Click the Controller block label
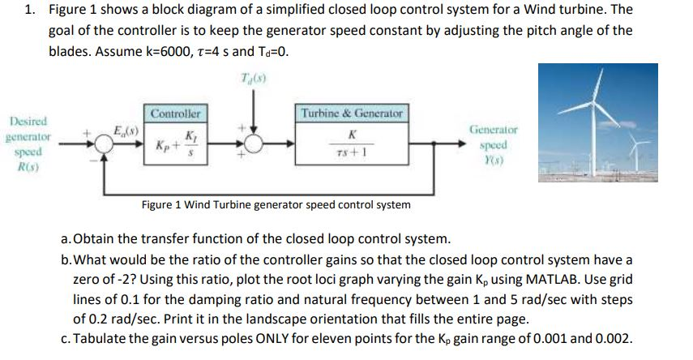point(175,114)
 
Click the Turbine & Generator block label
point(352,114)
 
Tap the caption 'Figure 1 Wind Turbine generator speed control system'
point(276,204)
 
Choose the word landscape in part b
point(244,319)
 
